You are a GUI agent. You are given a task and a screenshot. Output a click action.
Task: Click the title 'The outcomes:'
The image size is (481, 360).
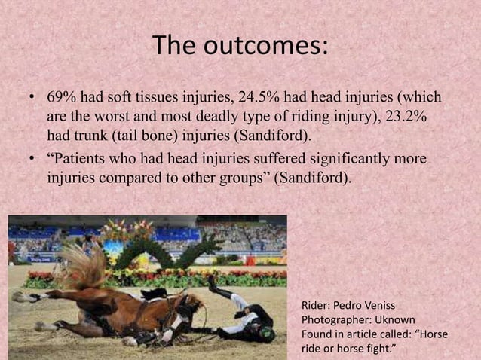click(x=240, y=47)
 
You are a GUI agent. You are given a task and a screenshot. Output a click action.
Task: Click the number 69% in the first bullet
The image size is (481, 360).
click(x=62, y=99)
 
